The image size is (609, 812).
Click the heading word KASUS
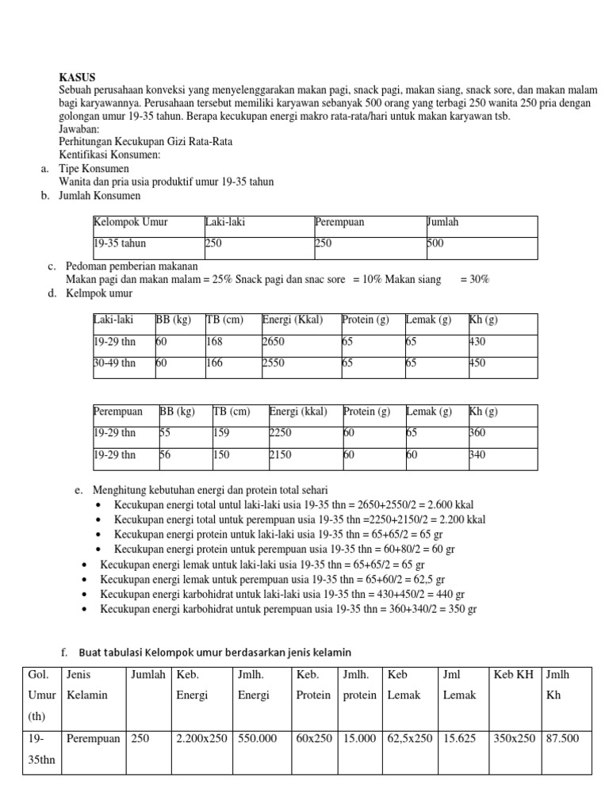point(77,77)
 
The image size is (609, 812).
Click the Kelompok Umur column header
point(130,222)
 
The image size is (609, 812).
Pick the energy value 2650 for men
point(273,342)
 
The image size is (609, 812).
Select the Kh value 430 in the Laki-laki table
point(477,342)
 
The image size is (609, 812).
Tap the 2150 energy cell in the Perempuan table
point(281,454)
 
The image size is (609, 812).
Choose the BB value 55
point(165,433)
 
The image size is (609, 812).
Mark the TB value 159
point(222,433)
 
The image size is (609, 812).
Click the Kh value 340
point(477,454)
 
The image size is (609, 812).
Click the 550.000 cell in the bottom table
point(258,737)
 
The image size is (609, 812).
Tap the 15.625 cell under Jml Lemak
point(457,737)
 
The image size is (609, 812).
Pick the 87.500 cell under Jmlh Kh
point(561,737)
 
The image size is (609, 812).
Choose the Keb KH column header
point(513,674)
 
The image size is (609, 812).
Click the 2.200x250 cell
point(201,737)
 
